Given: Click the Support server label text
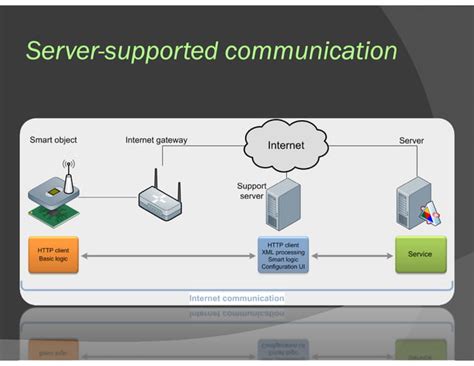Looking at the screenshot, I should click(250, 191).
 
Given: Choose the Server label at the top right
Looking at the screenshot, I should click(411, 141).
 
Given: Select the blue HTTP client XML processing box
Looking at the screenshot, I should click(284, 255).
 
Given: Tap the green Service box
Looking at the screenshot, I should click(420, 255).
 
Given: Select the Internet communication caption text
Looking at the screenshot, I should click(237, 298).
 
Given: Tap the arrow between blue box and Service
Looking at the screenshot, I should click(352, 256).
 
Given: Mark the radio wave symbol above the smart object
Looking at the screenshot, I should click(69, 166).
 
